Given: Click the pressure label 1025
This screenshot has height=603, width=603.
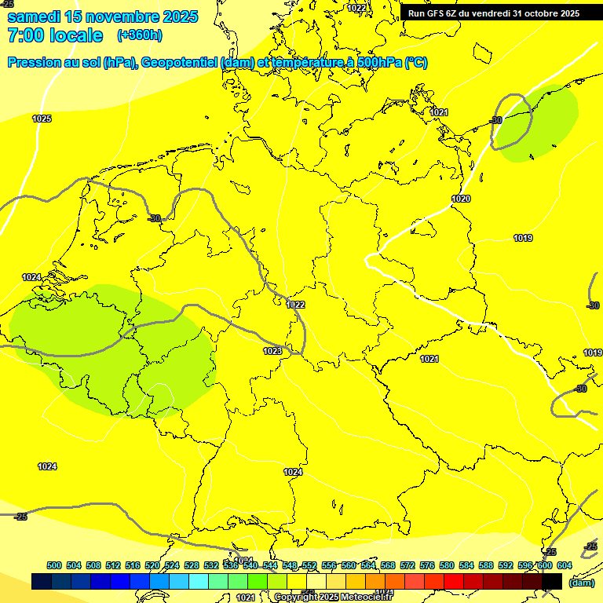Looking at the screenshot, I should pyautogui.click(x=42, y=119).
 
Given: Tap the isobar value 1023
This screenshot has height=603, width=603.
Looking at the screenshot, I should pyautogui.click(x=272, y=351).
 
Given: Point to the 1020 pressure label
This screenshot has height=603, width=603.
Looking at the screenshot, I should pyautogui.click(x=461, y=199).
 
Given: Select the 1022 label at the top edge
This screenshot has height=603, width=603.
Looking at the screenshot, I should pyautogui.click(x=356, y=8).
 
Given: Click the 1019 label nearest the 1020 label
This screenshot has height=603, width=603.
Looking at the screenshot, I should pyautogui.click(x=523, y=238).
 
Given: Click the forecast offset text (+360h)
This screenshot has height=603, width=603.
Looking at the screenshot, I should pyautogui.click(x=139, y=35).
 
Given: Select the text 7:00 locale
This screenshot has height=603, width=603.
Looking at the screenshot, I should pyautogui.click(x=55, y=35).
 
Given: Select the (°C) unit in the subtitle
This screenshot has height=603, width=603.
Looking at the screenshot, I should pyautogui.click(x=415, y=63).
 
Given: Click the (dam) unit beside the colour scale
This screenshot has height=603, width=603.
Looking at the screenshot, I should pyautogui.click(x=581, y=583).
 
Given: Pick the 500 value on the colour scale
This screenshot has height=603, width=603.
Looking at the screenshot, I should pyautogui.click(x=54, y=565).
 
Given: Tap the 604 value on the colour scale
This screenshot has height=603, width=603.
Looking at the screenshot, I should pyautogui.click(x=565, y=565).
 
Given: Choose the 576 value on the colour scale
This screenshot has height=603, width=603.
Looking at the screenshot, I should pyautogui.click(x=427, y=565).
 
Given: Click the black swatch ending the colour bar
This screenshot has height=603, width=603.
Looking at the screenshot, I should pyautogui.click(x=552, y=581).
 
